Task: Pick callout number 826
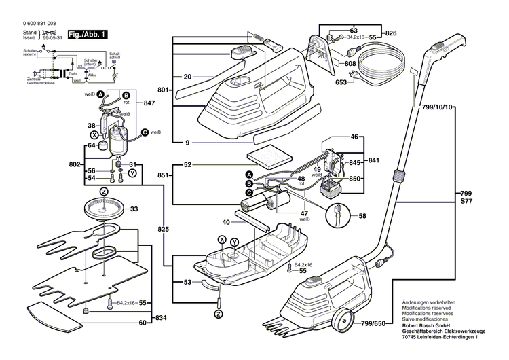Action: coord(391,33)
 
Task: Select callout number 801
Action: coord(162,90)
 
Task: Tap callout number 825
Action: coord(163,230)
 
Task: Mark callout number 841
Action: coord(373,161)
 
